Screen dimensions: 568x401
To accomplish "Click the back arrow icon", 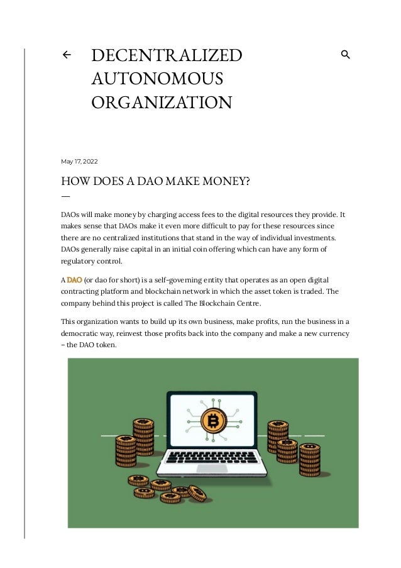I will (x=66, y=55).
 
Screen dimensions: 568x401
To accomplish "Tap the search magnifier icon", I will (x=345, y=55).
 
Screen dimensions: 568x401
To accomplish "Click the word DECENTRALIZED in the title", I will (x=167, y=55).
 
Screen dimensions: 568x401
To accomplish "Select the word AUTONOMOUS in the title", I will (x=157, y=79).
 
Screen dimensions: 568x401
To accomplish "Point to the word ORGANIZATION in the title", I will (x=162, y=102).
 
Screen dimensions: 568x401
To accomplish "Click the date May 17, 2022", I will (x=79, y=162).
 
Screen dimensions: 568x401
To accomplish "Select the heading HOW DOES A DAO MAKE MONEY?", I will (x=155, y=182).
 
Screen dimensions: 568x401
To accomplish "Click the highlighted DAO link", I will (x=75, y=279).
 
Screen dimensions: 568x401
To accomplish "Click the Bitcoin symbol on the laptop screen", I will (x=213, y=420).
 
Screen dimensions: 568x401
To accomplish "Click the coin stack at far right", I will (x=309, y=460).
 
